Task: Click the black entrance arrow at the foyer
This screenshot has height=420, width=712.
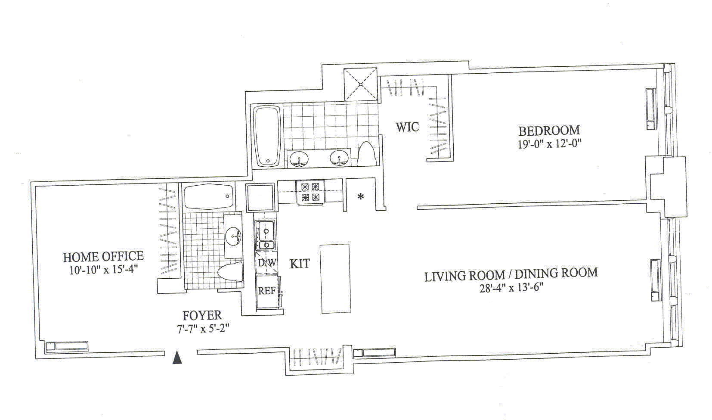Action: click(177, 358)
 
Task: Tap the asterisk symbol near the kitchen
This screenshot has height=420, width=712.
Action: click(360, 196)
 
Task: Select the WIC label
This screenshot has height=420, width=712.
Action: click(407, 127)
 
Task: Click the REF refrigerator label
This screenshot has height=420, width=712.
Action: click(267, 290)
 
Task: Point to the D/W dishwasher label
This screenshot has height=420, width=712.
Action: click(267, 263)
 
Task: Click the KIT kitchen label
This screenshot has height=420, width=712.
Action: click(300, 264)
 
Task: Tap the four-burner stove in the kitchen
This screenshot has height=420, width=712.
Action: click(310, 192)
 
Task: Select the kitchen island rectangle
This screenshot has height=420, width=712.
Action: click(335, 279)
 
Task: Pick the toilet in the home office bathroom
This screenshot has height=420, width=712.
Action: click(230, 272)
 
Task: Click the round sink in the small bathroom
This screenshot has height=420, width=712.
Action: click(233, 236)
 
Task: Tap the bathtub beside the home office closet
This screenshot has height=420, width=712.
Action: click(208, 196)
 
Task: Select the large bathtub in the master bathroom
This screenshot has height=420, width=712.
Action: click(267, 136)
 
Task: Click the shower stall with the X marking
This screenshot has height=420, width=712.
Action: click(360, 84)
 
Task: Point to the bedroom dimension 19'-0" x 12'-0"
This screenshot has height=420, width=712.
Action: click(550, 144)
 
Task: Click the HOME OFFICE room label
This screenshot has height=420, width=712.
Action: click(103, 256)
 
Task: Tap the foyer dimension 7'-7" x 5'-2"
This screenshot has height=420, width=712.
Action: click(203, 328)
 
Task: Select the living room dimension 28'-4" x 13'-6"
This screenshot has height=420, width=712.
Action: click(511, 288)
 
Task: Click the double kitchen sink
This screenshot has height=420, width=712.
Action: click(266, 235)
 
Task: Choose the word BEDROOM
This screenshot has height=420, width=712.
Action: click(549, 131)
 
